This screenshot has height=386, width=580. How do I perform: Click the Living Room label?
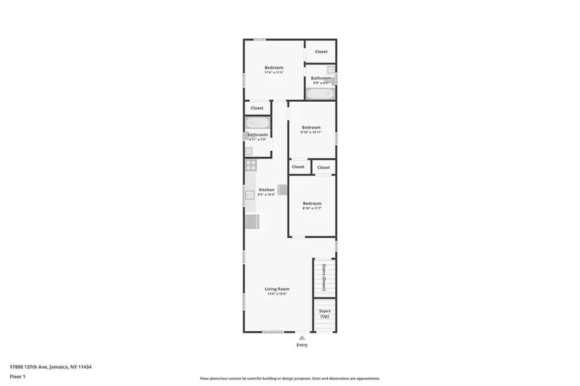pyautogui.click(x=276, y=289)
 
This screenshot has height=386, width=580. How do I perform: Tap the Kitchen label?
pyautogui.click(x=266, y=189)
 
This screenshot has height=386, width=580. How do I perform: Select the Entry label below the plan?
pyautogui.click(x=302, y=345)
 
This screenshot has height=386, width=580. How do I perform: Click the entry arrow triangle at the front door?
pyautogui.click(x=302, y=337)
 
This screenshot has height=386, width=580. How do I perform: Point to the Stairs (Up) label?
pyautogui.click(x=325, y=313)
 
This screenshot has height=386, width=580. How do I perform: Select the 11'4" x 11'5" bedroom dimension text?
pyautogui.click(x=274, y=73)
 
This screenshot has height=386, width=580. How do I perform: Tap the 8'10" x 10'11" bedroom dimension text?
pyautogui.click(x=311, y=133)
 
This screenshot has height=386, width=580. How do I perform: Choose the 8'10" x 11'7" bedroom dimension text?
pyautogui.click(x=312, y=209)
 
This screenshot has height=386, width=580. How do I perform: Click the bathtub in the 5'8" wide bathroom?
pyautogui.click(x=320, y=94)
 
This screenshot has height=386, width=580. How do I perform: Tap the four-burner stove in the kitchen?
pyautogui.click(x=251, y=165)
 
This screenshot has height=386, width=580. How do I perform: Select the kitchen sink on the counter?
pyautogui.click(x=249, y=195)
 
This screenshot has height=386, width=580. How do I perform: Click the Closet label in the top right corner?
pyautogui.click(x=321, y=52)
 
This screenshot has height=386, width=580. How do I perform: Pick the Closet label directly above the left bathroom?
pyautogui.click(x=256, y=108)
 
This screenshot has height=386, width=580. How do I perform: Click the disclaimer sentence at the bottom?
pyautogui.click(x=289, y=378)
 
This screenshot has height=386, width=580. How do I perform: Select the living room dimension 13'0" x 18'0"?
pyautogui.click(x=276, y=294)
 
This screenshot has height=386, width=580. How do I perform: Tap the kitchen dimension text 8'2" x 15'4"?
pyautogui.click(x=266, y=195)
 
